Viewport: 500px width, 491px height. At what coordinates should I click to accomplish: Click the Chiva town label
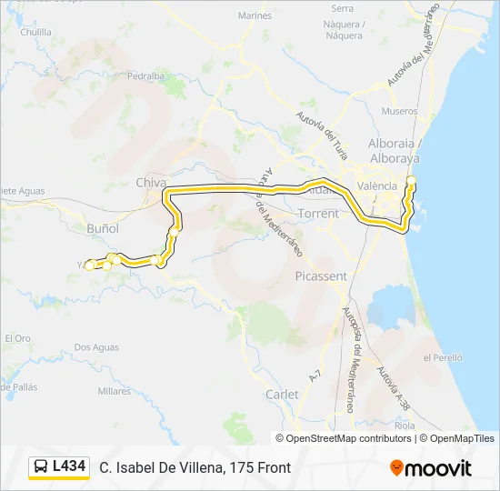[x=150, y=182]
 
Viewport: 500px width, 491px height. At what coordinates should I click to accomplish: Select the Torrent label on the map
[x=317, y=214]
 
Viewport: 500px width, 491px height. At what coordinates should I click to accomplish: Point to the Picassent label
[x=321, y=275]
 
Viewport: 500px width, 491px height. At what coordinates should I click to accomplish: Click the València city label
[x=377, y=185]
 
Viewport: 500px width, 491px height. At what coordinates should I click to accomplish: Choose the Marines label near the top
[x=255, y=15]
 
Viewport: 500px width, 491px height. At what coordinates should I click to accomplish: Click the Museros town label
[x=400, y=112]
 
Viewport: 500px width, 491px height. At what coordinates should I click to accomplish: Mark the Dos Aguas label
[x=96, y=346]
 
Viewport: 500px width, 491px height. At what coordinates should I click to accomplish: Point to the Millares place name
[x=115, y=391]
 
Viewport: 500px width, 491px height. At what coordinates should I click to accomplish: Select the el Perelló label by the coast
[x=444, y=358]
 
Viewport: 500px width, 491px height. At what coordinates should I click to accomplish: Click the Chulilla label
[x=35, y=31]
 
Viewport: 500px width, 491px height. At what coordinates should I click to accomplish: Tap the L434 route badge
[x=69, y=466]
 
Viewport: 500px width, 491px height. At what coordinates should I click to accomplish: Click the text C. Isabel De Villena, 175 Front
[x=195, y=467]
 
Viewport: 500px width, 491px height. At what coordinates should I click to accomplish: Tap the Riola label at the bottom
[x=406, y=424]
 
